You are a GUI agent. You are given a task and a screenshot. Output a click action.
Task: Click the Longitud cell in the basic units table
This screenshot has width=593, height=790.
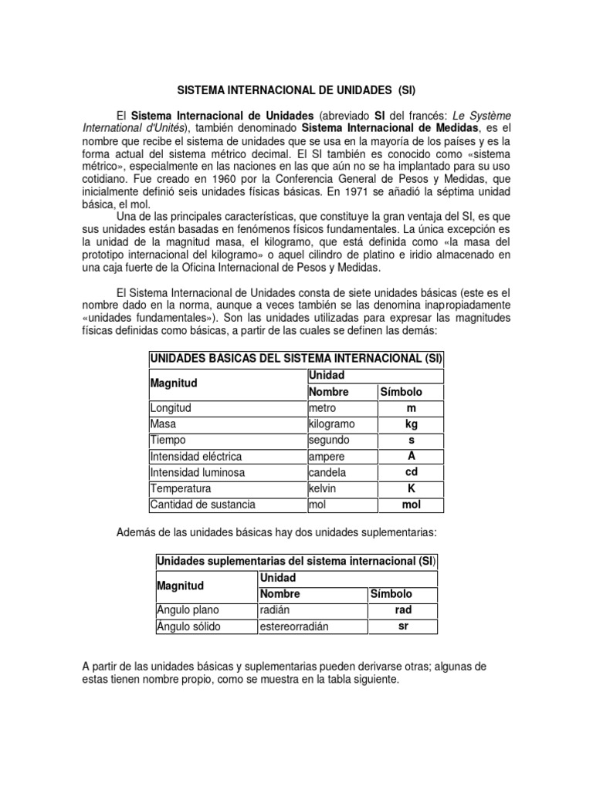click(171, 408)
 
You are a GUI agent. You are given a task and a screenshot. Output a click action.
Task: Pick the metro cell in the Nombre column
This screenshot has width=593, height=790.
click(322, 408)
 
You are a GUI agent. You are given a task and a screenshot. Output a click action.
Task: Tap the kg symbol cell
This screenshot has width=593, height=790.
click(411, 424)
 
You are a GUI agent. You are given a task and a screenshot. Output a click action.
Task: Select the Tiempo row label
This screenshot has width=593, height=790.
click(169, 441)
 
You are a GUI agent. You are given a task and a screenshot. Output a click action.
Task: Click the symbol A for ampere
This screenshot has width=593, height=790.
click(411, 456)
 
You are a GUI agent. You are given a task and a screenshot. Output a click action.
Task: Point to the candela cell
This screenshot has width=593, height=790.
click(327, 473)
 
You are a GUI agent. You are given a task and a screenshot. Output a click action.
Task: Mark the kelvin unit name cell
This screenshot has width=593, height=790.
click(324, 489)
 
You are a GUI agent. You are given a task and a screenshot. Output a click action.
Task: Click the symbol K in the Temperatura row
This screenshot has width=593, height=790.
click(411, 489)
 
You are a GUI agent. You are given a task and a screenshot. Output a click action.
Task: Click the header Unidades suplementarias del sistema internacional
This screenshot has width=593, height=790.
click(296, 562)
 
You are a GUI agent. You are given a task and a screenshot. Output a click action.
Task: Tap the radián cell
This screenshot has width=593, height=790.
click(276, 610)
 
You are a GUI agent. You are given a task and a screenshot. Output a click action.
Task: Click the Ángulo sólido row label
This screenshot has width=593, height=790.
click(188, 626)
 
